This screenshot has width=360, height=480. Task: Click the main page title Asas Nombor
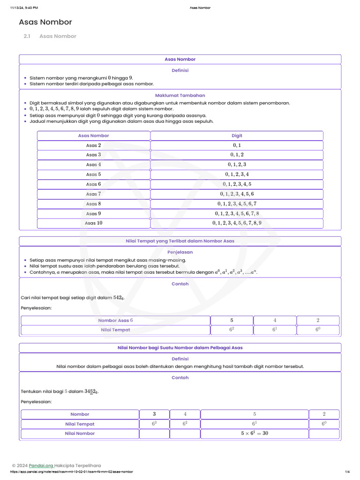coord(45,22)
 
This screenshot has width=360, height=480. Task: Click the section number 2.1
coord(27,36)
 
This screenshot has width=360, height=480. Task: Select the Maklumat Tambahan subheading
coord(180,95)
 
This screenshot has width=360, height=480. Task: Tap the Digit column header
coord(237,135)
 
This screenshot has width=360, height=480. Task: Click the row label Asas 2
coord(93,145)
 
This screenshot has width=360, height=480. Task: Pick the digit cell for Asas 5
coord(237,174)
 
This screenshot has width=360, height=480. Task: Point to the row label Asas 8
coord(93,204)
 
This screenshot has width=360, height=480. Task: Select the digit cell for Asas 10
coord(237,223)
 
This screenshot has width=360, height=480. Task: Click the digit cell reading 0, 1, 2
coord(237,155)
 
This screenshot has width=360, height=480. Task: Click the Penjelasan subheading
coord(180,252)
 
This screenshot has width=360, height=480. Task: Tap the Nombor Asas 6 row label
coord(115,320)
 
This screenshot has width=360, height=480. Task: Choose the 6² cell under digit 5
coord(232,330)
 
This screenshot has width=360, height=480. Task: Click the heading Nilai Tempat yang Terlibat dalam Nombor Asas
coord(180,241)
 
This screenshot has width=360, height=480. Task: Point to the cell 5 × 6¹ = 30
coord(254,434)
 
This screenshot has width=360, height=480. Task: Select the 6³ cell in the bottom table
coord(154,424)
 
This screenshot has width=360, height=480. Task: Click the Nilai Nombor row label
coord(80,434)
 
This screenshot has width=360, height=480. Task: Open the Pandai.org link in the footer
coord(41,466)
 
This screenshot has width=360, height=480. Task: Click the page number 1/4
coord(347,472)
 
